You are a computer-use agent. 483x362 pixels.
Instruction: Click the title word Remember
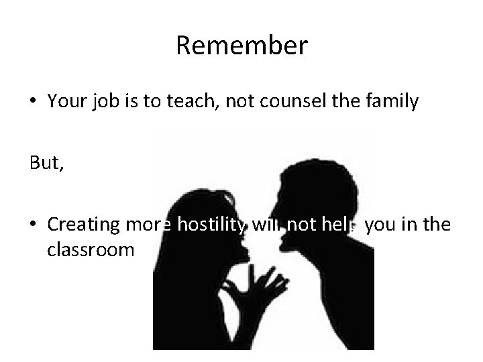(x=241, y=46)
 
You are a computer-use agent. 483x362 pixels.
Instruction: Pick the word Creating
(x=85, y=225)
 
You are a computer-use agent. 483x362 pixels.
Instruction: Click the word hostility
(x=211, y=225)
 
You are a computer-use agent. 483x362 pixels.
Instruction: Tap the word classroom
(x=91, y=250)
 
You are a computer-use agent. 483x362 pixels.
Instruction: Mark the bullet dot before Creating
(x=34, y=225)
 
